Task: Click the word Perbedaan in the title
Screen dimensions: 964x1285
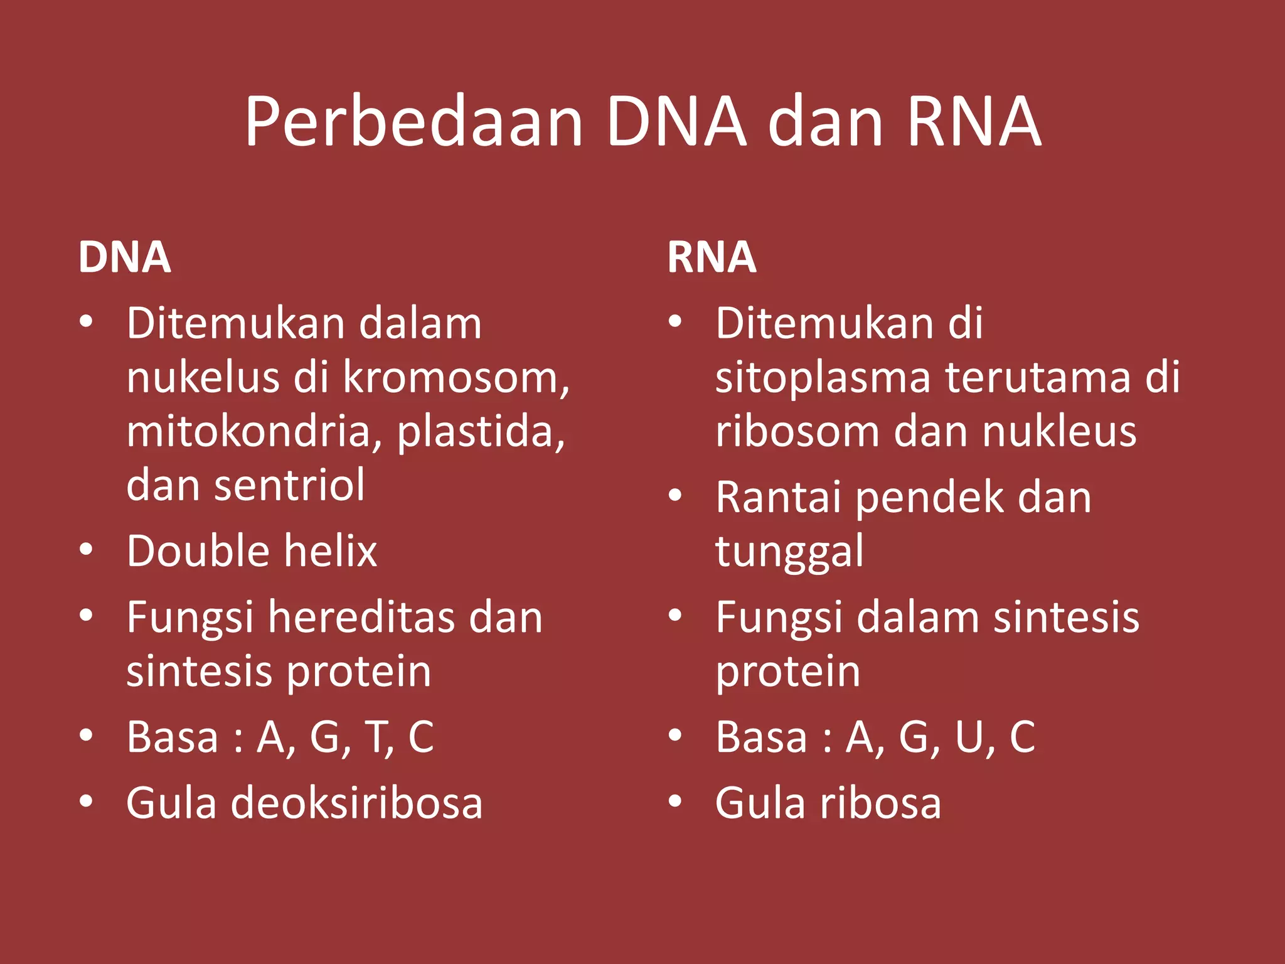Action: click(x=414, y=122)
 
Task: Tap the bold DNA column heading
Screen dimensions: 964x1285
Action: click(x=124, y=257)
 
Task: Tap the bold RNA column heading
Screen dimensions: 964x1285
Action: click(x=712, y=257)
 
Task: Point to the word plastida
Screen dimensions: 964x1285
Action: click(x=481, y=432)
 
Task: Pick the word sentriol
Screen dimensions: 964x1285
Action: click(x=289, y=486)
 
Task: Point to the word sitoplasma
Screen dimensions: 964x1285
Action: click(x=823, y=378)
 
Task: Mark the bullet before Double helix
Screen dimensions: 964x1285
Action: click(x=87, y=550)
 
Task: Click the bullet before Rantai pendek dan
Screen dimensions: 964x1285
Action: click(x=675, y=495)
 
